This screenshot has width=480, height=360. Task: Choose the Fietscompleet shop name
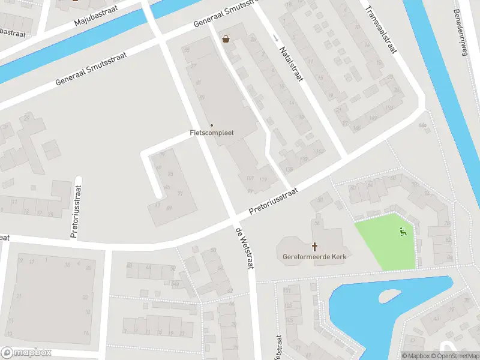(211, 133)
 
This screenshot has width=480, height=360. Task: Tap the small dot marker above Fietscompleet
(211, 125)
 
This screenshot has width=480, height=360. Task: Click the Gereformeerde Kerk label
(314, 257)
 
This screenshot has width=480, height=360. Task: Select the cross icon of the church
(314, 247)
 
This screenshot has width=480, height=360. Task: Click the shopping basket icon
(226, 39)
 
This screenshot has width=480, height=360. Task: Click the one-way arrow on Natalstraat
(275, 38)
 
